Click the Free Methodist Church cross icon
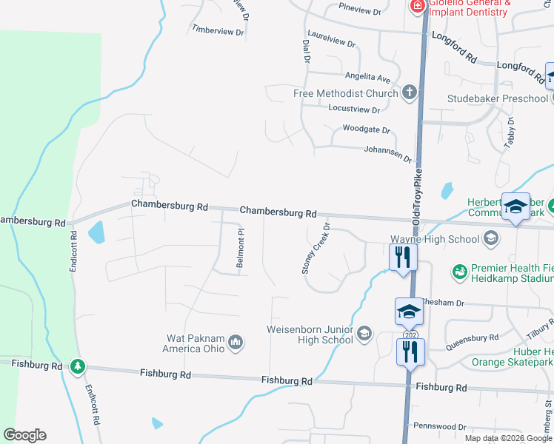click(409, 93)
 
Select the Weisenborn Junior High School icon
click(364, 334)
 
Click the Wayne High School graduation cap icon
click(490, 238)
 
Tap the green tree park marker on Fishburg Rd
click(78, 366)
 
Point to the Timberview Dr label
click(218, 31)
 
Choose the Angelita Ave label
click(367, 78)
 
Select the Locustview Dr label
click(353, 110)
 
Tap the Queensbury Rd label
click(474, 338)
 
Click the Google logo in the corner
click(24, 435)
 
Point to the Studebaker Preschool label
click(497, 98)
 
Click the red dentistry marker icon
click(417, 6)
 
